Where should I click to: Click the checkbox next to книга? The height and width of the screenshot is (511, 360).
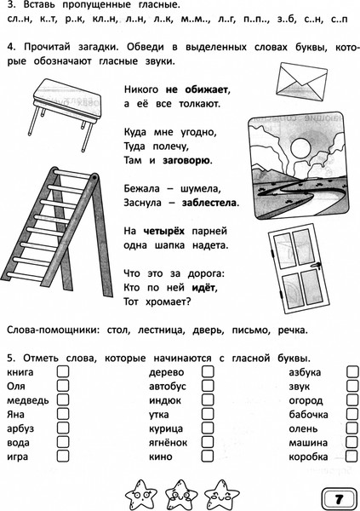pyautogui.click(x=63, y=372)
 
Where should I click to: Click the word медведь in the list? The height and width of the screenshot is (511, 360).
pyautogui.click(x=27, y=400)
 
